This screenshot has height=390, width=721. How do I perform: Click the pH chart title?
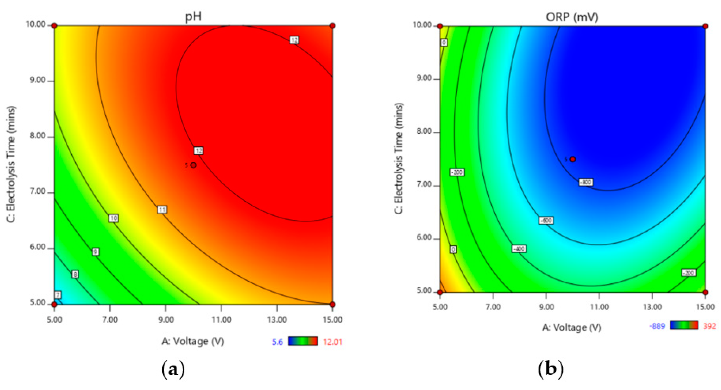coord(193,17)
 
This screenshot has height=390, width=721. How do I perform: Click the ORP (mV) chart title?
coord(572,17)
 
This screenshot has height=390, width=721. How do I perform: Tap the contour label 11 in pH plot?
coord(162,209)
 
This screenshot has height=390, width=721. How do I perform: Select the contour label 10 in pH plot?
coord(113,218)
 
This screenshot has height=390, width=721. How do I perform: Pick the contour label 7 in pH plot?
coord(58,295)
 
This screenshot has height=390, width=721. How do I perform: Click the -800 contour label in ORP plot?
coord(585,182)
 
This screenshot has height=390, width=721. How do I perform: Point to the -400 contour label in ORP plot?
coord(519,249)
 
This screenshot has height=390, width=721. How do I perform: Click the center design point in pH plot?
coord(193,165)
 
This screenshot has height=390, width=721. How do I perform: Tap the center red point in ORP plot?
coord(573,159)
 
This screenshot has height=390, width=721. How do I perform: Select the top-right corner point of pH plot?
coord(332,26)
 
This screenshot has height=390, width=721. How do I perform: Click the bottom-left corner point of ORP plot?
coord(440,292)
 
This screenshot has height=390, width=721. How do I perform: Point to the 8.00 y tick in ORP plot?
coord(424,131)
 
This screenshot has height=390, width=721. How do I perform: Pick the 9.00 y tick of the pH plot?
coord(37,80)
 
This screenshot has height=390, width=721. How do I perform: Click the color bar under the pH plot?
coord(303,341)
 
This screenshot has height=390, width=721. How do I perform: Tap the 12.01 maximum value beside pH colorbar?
coord(332,342)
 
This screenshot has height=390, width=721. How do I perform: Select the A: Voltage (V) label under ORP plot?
coord(572,327)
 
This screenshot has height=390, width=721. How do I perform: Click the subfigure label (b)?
coord(550,369)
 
